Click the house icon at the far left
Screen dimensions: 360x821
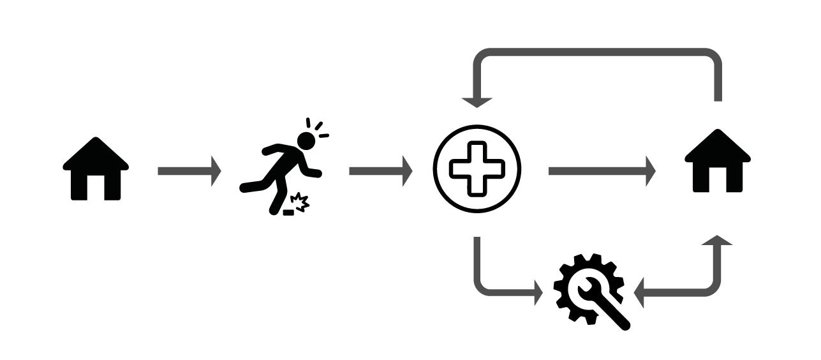coord(96,169)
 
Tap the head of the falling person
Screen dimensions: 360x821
coord(306,140)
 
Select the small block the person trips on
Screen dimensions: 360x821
coord(288,211)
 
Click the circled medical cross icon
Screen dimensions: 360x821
coord(477,169)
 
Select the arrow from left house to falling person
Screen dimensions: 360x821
coord(189,171)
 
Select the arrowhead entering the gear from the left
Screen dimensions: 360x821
coord(545,294)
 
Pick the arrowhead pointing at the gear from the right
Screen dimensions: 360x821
coord(640,294)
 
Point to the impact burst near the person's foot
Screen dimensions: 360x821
coord(300,203)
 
